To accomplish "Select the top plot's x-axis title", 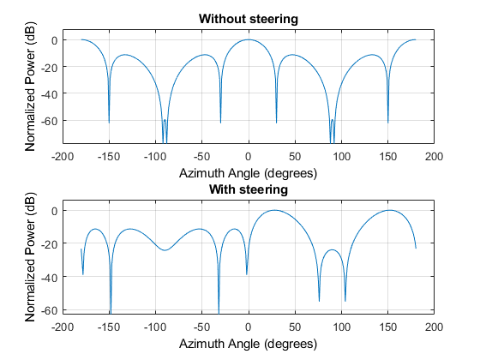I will (x=248, y=173).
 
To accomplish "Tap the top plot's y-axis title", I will (x=30, y=85).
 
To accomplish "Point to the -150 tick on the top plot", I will (x=109, y=157).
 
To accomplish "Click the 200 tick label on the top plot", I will (x=434, y=157).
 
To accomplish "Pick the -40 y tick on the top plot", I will (x=46, y=93).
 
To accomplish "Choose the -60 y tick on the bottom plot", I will (x=46, y=309).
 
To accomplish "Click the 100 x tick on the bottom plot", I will (x=341, y=327).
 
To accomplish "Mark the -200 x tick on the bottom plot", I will (x=63, y=327).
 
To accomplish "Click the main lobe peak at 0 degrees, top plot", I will (x=248, y=39).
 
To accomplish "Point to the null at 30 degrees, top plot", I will (x=276, y=122).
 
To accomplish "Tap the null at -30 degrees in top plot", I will (x=220, y=122).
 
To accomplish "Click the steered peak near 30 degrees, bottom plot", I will (x=275, y=210).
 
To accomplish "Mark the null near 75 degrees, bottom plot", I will (x=318, y=300).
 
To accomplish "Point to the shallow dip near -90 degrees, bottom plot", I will (x=165, y=250).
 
